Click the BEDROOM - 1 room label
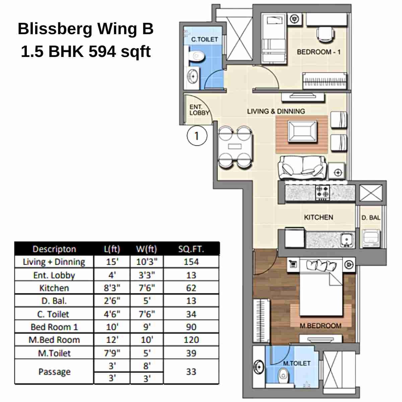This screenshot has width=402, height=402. (319, 52)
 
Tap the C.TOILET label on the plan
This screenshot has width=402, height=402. (204, 40)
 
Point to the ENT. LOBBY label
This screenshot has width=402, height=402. (199, 110)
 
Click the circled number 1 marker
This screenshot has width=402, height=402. (197, 136)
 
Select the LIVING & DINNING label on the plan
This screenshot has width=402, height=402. (276, 111)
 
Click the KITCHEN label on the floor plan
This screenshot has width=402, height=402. (318, 217)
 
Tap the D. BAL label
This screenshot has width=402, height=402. (371, 218)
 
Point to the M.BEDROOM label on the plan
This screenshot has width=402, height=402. (320, 326)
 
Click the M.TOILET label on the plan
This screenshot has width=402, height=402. (296, 363)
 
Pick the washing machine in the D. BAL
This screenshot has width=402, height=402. (371, 239)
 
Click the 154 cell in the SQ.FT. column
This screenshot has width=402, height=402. (191, 262)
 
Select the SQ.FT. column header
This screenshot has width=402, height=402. (191, 249)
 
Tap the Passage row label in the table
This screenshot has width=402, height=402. (54, 372)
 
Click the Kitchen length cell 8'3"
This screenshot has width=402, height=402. (112, 288)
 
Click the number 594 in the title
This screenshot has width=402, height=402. (102, 52)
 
